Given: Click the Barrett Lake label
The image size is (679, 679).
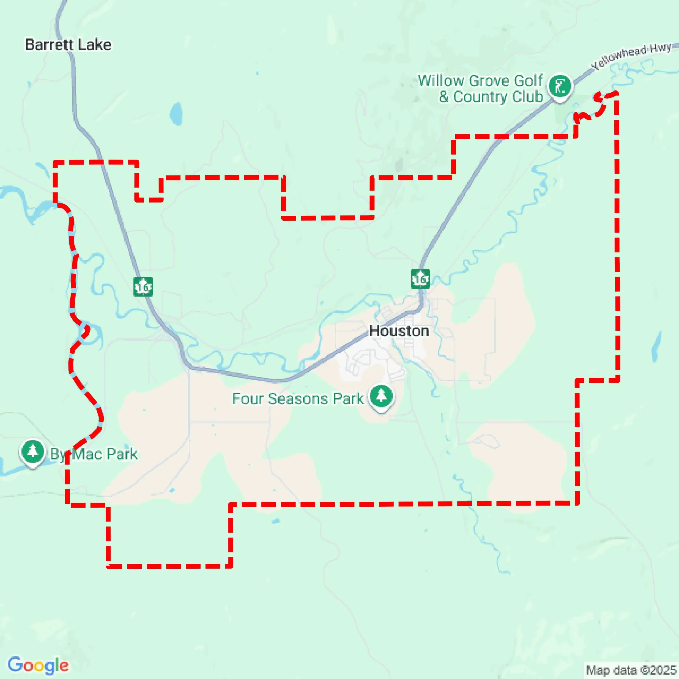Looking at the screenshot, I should (x=68, y=45).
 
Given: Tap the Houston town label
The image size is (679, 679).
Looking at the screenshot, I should (x=399, y=331).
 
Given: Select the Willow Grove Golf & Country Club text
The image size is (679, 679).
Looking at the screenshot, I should (x=480, y=88).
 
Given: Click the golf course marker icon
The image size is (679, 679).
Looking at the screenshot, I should (x=560, y=86).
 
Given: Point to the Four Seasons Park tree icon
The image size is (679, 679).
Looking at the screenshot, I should (x=381, y=397).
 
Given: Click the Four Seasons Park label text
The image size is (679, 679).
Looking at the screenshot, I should (x=298, y=399).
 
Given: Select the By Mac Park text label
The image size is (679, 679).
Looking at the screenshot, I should (x=93, y=454).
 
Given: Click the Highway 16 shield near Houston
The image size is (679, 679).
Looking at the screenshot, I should (x=420, y=279).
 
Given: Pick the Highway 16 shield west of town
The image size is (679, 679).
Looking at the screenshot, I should (x=143, y=287).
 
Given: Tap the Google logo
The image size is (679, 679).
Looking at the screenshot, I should (x=38, y=665).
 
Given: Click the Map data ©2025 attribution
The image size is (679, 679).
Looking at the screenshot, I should (x=631, y=670).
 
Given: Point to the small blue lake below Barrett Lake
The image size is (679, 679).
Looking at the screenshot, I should (x=176, y=113).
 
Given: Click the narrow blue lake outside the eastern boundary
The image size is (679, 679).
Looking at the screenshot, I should (x=656, y=346).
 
